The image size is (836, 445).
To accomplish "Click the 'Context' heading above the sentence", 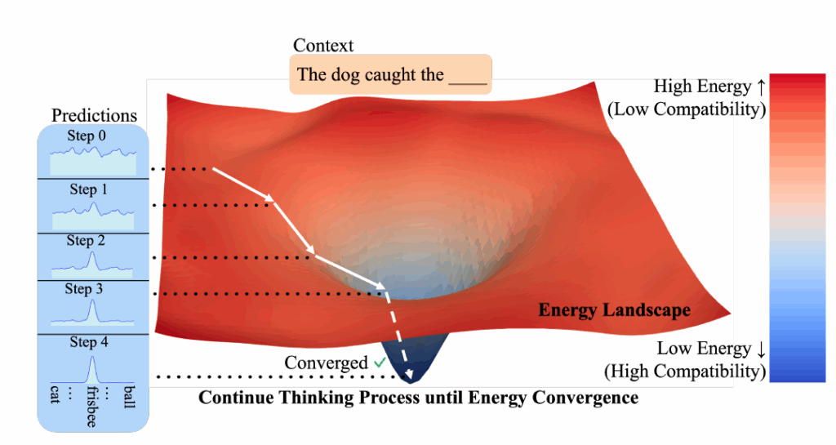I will point(323,46).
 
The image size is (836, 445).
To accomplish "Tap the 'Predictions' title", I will point(94,115).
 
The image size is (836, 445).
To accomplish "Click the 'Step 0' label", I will point(86,136).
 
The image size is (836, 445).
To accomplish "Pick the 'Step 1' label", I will point(88,189).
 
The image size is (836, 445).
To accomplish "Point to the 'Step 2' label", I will point(86,240).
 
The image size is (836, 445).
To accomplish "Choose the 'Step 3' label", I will point(84,289).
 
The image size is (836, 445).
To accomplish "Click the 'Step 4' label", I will point(88,342).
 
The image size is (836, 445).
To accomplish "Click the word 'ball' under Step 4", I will point(127,398).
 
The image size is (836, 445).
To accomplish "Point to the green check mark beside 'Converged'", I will point(380,362).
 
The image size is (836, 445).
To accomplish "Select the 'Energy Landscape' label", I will point(614,310).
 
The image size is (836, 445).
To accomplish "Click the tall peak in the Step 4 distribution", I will point(91,359).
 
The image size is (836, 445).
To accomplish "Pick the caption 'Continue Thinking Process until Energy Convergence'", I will point(418,398).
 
